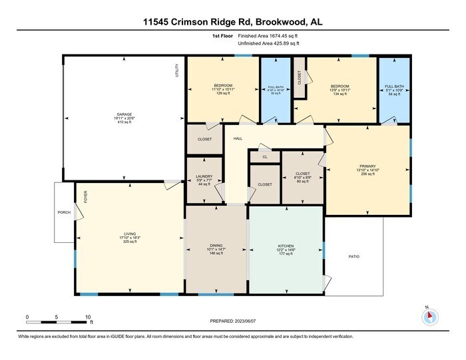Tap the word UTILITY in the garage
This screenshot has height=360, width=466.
point(177,71)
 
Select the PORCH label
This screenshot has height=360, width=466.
point(64,212)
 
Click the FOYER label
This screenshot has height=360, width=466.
point(85,196)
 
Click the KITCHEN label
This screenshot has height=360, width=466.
point(286,246)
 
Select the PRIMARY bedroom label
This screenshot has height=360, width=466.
point(368,166)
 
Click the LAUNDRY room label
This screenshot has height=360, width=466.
point(204,176)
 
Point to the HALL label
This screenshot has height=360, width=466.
point(238,139)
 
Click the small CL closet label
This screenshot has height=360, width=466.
point(264,157)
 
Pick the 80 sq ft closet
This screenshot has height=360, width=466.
point(303,176)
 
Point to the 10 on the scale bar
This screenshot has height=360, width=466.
point(88,317)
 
